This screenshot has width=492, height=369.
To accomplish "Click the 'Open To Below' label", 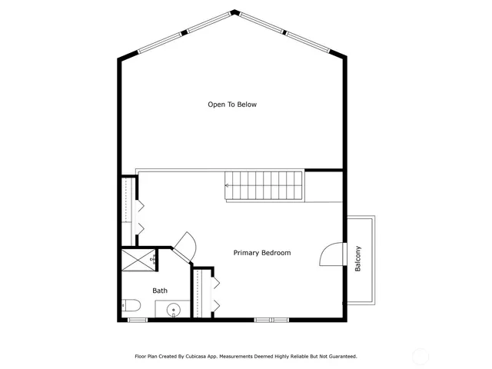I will pos(231,105).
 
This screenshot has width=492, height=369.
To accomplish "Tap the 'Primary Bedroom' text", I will pos(262,253).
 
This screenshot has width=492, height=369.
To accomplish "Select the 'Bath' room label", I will pos(160,291).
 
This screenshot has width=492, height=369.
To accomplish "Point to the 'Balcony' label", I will pos(357,258).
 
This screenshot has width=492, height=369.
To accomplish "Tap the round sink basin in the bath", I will pos(174,311).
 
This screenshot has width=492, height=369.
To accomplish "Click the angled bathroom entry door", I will pos(185,245).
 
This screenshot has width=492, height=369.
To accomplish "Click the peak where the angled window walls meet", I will pos(234,12).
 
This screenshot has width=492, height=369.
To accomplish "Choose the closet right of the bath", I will pos(204,292).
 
